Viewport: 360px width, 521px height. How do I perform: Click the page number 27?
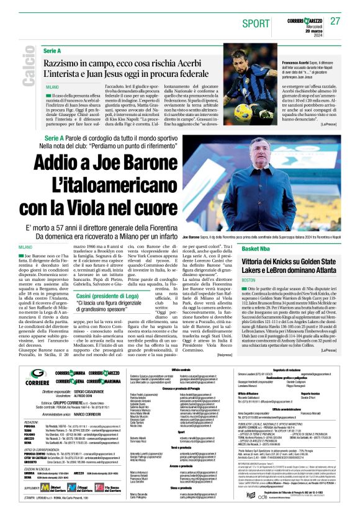336,21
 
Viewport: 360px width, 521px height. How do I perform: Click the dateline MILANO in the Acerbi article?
53,87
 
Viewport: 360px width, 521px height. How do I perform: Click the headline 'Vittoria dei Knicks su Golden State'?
286,260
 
